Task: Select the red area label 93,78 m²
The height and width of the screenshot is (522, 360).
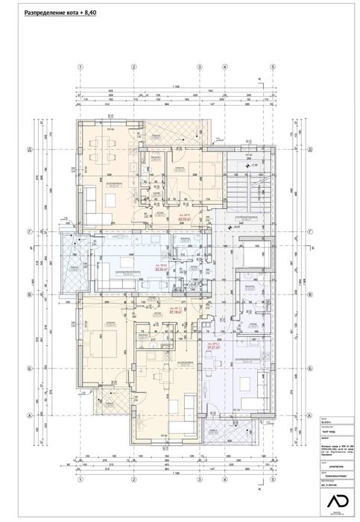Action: coord(184,219)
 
